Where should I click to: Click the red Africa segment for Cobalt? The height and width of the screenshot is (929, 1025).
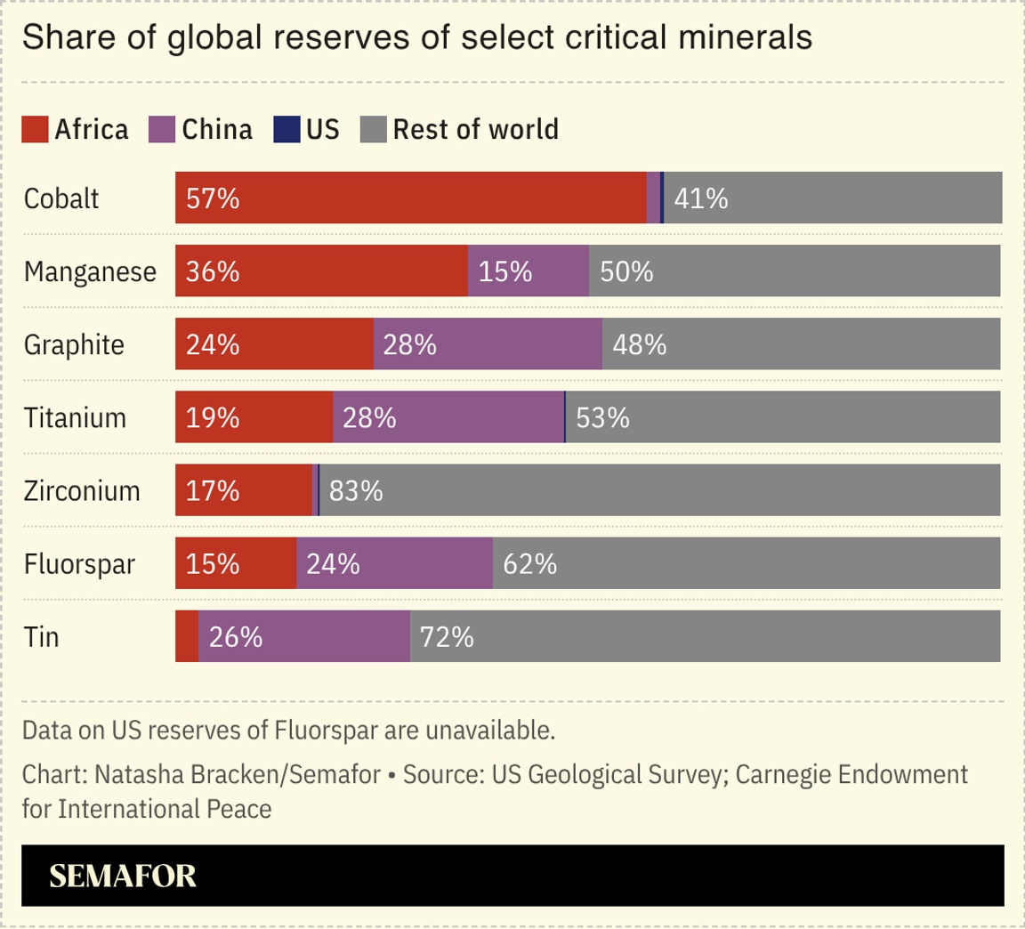[x=410, y=198]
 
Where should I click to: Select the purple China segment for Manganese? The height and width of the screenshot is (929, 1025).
[x=528, y=271]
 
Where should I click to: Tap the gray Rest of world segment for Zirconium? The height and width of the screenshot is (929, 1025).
[x=659, y=489]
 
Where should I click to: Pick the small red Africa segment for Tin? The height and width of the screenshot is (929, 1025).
[x=187, y=636]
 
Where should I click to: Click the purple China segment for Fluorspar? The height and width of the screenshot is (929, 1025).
[x=394, y=563]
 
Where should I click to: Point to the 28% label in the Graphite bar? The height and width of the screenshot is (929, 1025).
[x=409, y=344]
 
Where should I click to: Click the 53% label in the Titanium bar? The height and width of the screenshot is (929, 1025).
[x=602, y=417]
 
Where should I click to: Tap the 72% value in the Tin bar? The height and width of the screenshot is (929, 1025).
[x=447, y=637]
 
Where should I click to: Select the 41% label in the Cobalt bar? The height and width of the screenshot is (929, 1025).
[x=700, y=198]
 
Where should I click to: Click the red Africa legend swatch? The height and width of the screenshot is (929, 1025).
[x=35, y=130]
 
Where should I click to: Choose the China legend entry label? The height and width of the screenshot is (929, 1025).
[x=217, y=130]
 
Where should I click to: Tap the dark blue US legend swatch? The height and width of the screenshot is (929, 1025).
[x=287, y=130]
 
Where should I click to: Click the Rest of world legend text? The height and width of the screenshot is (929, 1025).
[x=475, y=130]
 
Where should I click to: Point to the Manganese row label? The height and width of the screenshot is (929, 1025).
[x=90, y=271]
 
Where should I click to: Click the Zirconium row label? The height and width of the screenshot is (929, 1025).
[x=82, y=490]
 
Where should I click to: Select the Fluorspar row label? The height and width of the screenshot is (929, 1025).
[x=79, y=564]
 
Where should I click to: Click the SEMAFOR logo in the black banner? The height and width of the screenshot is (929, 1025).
[x=123, y=876]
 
